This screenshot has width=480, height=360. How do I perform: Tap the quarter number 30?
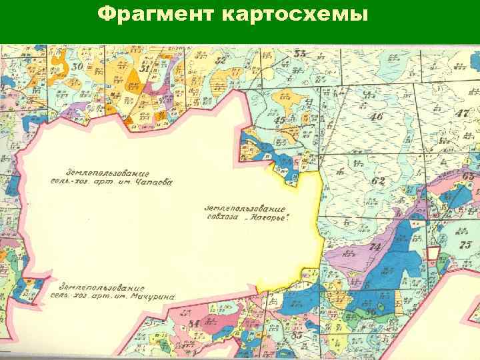(78, 66)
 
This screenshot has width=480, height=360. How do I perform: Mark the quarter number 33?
(301, 53)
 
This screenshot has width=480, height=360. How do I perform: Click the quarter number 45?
(281, 120)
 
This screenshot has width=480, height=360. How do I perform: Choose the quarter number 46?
(377, 117)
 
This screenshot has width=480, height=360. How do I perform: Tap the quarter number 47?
(462, 112)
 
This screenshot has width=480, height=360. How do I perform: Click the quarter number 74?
(375, 247)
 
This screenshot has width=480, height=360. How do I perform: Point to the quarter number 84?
(194, 323)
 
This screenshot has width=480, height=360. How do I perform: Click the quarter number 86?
(370, 311)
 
